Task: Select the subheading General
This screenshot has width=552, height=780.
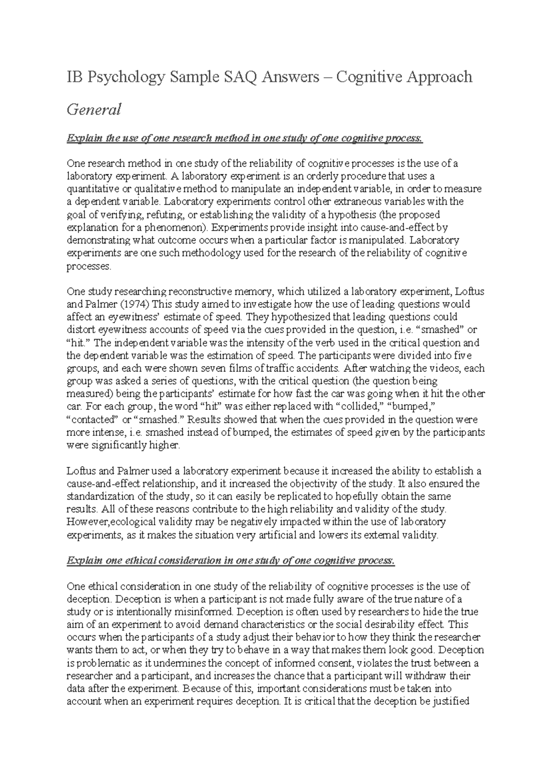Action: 94,110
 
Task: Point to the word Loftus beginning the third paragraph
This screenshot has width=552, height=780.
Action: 80,471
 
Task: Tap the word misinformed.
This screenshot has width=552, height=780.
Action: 206,613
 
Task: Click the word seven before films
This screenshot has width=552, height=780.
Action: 212,368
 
